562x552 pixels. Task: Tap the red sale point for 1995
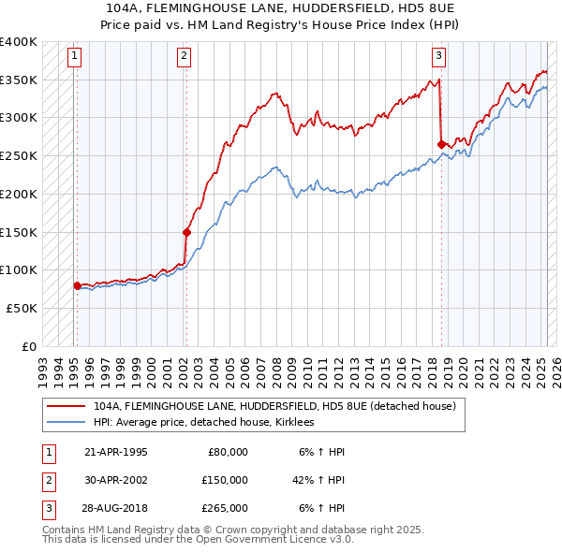pyautogui.click(x=77, y=286)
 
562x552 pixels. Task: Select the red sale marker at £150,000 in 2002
pyautogui.click(x=186, y=232)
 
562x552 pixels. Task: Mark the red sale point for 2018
pyautogui.click(x=441, y=144)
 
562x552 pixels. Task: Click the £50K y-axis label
pyautogui.click(x=22, y=308)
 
